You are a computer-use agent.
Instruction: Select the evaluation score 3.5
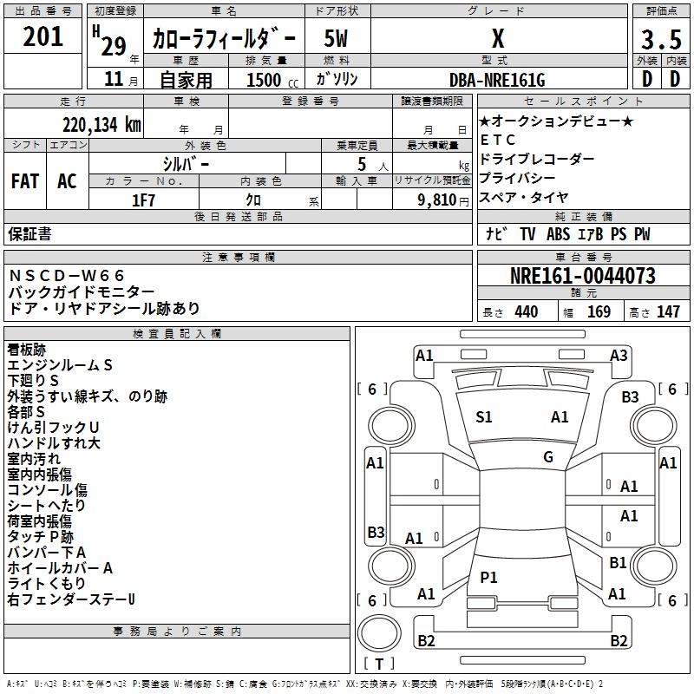661,40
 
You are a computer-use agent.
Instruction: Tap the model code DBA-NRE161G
497,80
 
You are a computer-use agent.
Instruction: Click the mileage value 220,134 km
101,124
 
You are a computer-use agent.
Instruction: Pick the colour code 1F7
144,199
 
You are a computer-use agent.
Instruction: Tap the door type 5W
337,39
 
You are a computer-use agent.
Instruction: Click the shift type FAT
25,181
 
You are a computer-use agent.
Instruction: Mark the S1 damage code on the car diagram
484,417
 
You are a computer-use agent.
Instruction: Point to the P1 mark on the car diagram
489,578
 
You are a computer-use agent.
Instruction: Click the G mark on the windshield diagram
548,457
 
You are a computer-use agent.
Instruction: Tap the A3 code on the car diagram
619,355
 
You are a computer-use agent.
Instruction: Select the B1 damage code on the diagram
618,563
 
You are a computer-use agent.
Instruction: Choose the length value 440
526,312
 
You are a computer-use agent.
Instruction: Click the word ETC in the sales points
498,140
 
